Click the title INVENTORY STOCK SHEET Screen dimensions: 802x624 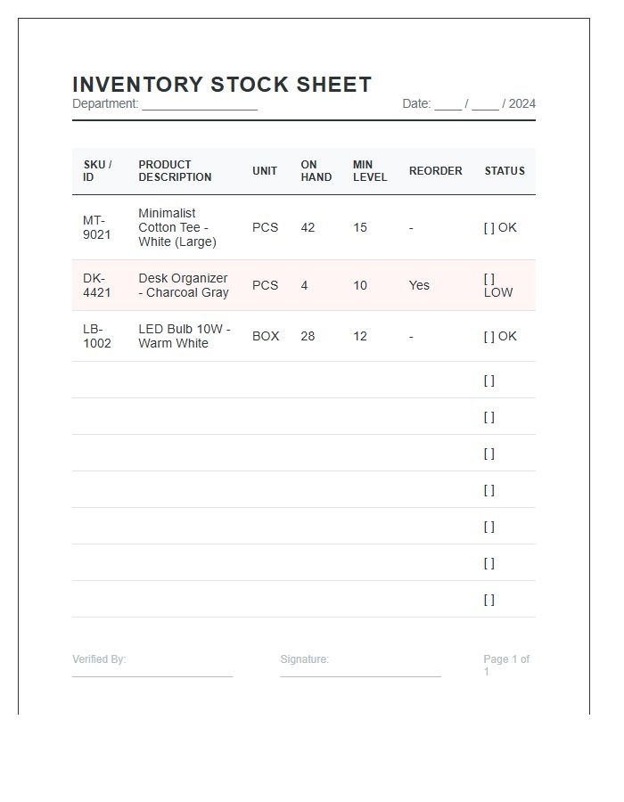pos(222,85)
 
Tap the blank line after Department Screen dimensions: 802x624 pos(200,105)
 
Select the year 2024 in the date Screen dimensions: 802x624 pos(521,103)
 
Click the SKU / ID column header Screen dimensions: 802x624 pos(97,171)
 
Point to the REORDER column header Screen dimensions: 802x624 pos(435,171)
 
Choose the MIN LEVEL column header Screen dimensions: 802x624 pos(370,171)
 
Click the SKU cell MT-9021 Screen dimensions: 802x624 pos(97,227)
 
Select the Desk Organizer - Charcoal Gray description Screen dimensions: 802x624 pos(184,285)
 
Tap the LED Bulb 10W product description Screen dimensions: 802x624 pos(184,336)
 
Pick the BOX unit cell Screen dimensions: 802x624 pos(266,336)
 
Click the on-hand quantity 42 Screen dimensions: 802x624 pos(308,227)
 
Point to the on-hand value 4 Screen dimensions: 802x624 pos(304,285)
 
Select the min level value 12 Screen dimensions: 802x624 pos(360,336)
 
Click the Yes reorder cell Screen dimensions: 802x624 pos(419,285)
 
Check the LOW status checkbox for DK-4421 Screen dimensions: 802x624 pos(489,279)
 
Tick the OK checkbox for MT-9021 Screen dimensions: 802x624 pos(489,227)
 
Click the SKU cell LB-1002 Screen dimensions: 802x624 pos(97,336)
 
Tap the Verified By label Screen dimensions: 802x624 pos(99,659)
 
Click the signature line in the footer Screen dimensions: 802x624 pos(360,675)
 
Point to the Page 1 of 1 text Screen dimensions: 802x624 pos(506,665)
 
